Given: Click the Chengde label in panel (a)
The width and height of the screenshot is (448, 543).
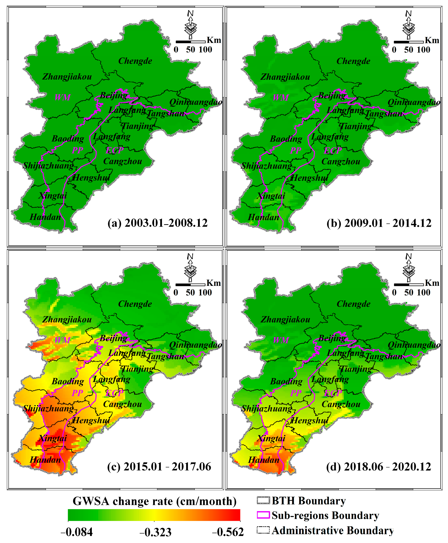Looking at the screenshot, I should click(135, 61).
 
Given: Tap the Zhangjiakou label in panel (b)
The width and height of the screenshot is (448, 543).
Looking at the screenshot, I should click(285, 77).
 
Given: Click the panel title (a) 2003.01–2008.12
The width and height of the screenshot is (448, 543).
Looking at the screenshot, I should click(157, 223).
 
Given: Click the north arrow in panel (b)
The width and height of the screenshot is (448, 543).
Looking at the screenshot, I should click(408, 25).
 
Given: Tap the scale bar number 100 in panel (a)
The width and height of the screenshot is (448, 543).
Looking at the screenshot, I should click(205, 50).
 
